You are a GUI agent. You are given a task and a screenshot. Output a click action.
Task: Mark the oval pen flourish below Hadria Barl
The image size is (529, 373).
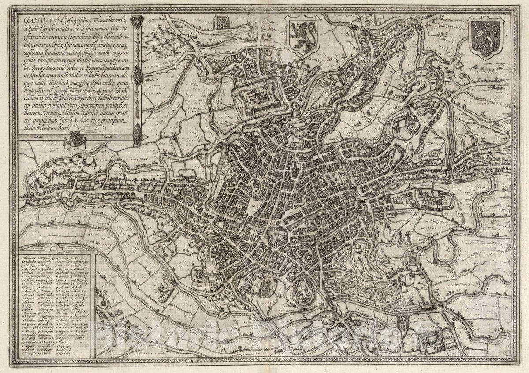(90, 129)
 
